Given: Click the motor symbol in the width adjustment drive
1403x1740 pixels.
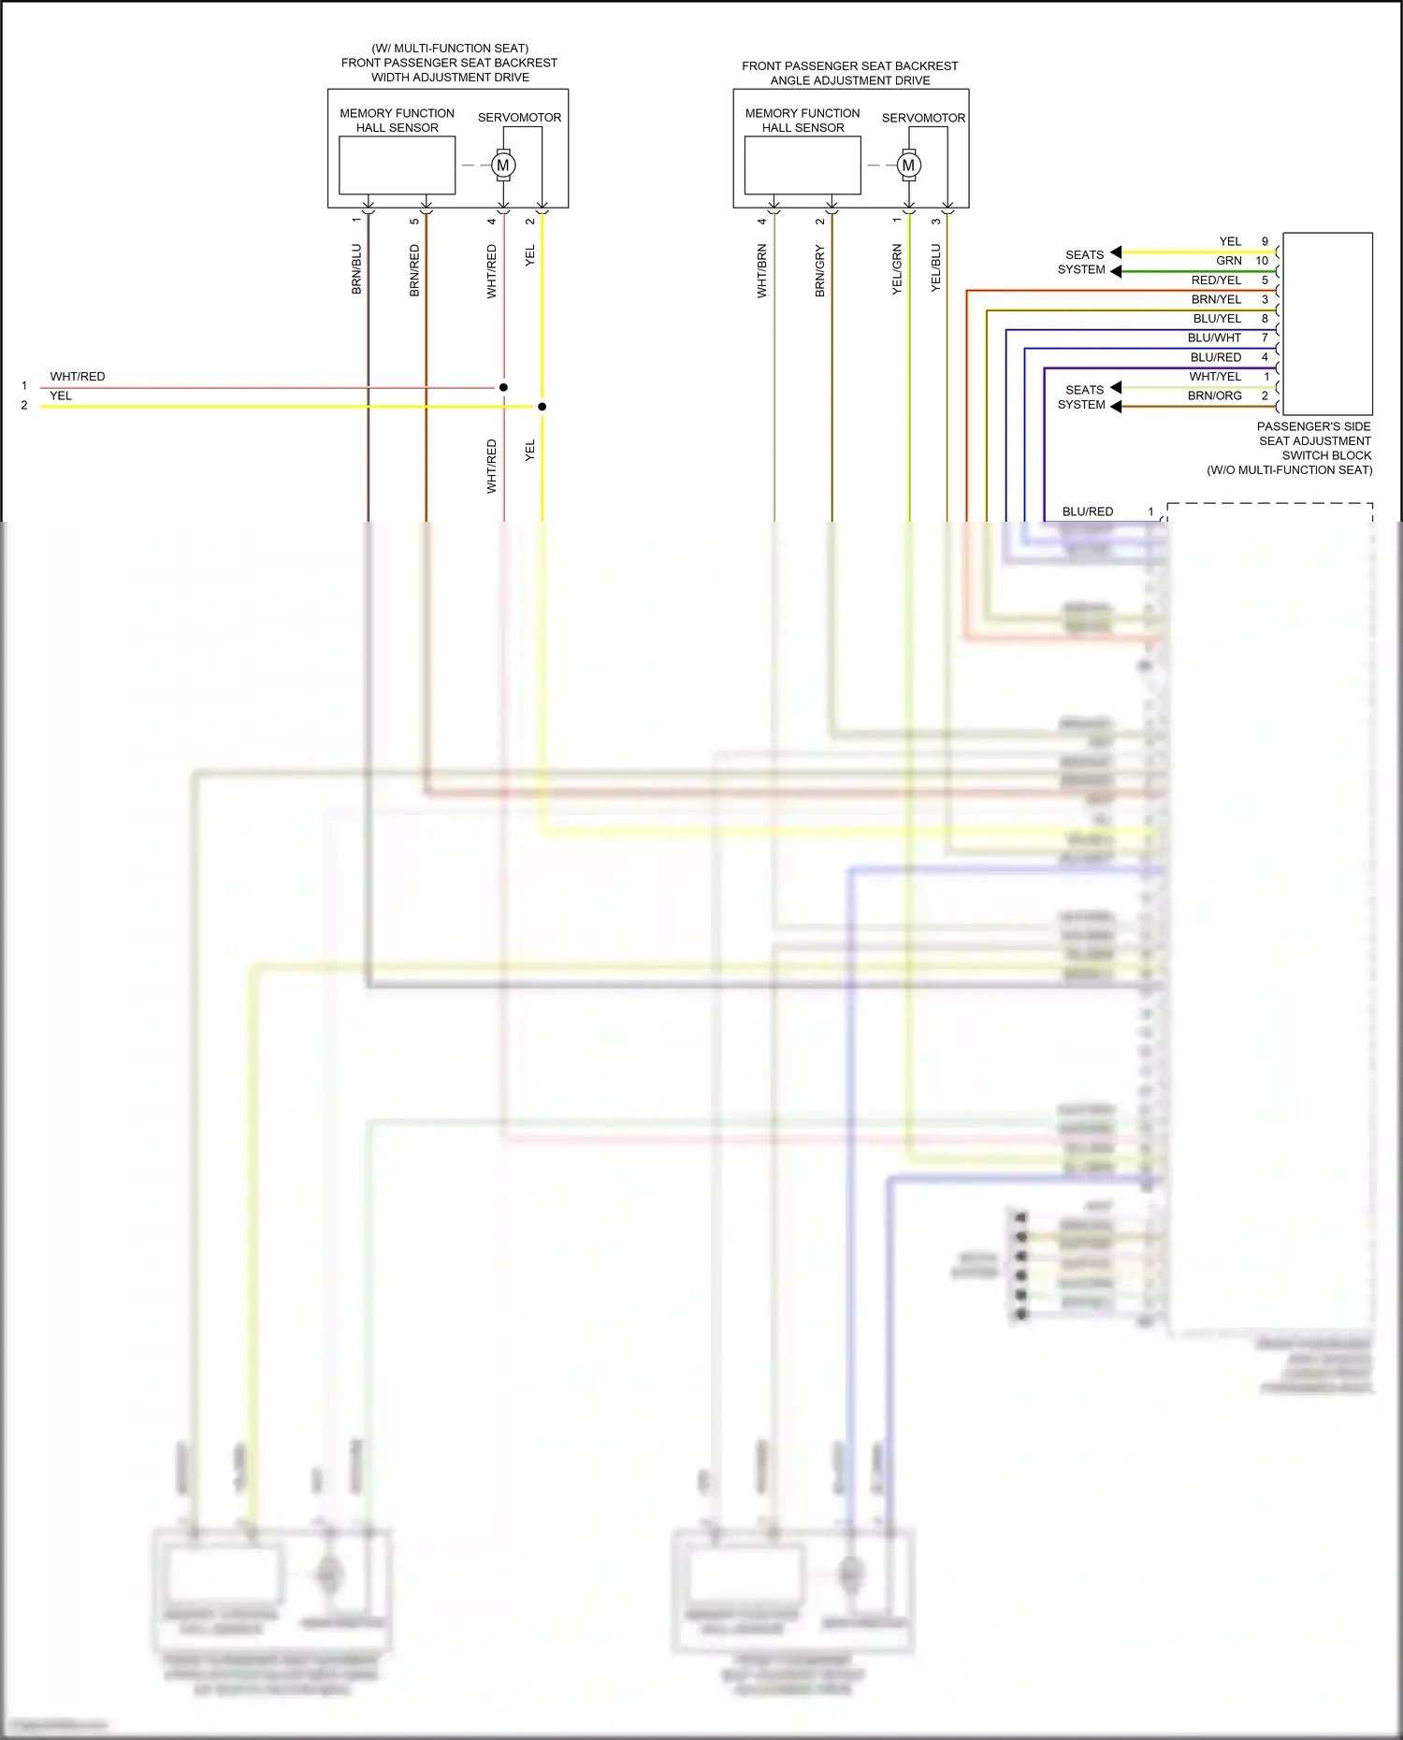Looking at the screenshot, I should pos(503,165).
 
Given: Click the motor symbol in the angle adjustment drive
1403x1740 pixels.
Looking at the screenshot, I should pos(908,165).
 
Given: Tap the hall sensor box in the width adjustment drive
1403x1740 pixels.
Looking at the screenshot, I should pos(397,165).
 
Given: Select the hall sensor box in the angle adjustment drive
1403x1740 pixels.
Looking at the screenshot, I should pos(803,165).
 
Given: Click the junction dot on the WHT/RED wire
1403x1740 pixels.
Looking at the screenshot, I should pos(503,387).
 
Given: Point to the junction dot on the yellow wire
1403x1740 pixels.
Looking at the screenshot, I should pos(542,407).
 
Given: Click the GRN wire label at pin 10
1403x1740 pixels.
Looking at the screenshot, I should pos(1229,261).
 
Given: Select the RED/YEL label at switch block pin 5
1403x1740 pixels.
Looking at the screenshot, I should pos(1216,280).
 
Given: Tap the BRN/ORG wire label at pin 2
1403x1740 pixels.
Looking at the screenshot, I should pos(1214,395).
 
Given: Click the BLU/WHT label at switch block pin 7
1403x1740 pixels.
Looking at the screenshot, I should pos(1214,338).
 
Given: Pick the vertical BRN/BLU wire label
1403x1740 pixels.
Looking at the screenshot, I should pos(356,269).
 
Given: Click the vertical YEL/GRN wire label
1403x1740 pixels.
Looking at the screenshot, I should pos(897,269).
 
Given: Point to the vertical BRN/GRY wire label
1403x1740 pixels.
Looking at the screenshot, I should pos(820,271).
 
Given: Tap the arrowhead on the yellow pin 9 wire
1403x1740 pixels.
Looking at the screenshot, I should pos(1116,252).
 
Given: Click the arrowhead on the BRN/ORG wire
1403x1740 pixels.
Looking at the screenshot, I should pos(1116,407).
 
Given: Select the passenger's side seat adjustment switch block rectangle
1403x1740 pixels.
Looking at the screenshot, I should pos(1327,324).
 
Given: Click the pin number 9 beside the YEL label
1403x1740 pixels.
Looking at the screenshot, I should pos(1265,241).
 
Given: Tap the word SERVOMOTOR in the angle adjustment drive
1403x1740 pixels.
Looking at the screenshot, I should pos(923,118).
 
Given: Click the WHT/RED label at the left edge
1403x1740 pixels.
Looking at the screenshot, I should pos(78,377).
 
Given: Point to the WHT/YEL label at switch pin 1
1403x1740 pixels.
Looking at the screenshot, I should pos(1215,377).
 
